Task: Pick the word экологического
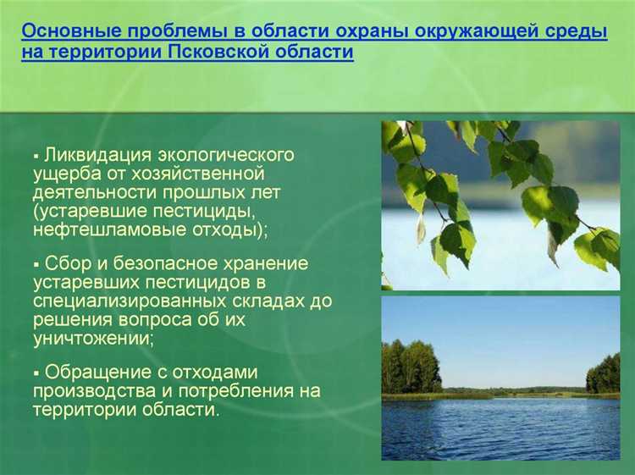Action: (x=225, y=155)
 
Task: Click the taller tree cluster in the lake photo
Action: (x=411, y=367)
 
